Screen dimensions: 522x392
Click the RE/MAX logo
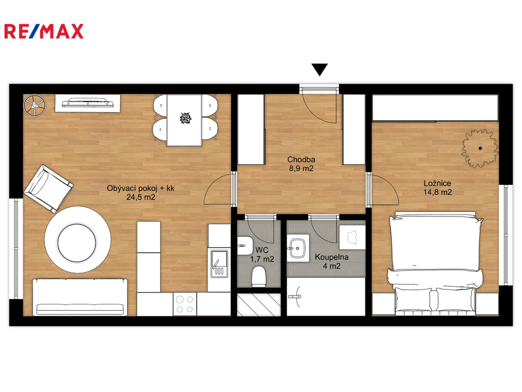pyautogui.click(x=44, y=31)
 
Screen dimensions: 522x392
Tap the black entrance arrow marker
pyautogui.click(x=320, y=69)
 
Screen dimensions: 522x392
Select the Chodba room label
pyautogui.click(x=301, y=160)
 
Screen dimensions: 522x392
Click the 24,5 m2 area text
pyautogui.click(x=141, y=197)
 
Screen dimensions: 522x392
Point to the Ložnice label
pyautogui.click(x=437, y=183)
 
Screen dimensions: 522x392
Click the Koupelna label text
pyautogui.click(x=331, y=257)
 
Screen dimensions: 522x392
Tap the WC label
pyautogui.click(x=262, y=250)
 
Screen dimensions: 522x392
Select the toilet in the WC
pyautogui.click(x=258, y=276)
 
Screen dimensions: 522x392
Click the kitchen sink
pyautogui.click(x=219, y=264)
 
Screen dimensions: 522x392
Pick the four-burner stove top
pyautogui.click(x=185, y=304)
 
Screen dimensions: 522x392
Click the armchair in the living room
pyautogui.click(x=48, y=188)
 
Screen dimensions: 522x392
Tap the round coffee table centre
pyautogui.click(x=77, y=242)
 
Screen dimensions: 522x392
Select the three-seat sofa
pyautogui.click(x=80, y=298)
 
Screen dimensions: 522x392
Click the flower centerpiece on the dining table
pyautogui.click(x=185, y=118)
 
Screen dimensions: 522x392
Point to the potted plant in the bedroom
pyautogui.click(x=480, y=149)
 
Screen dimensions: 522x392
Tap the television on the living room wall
pyautogui.click(x=88, y=103)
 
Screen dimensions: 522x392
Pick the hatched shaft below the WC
pyautogui.click(x=258, y=305)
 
